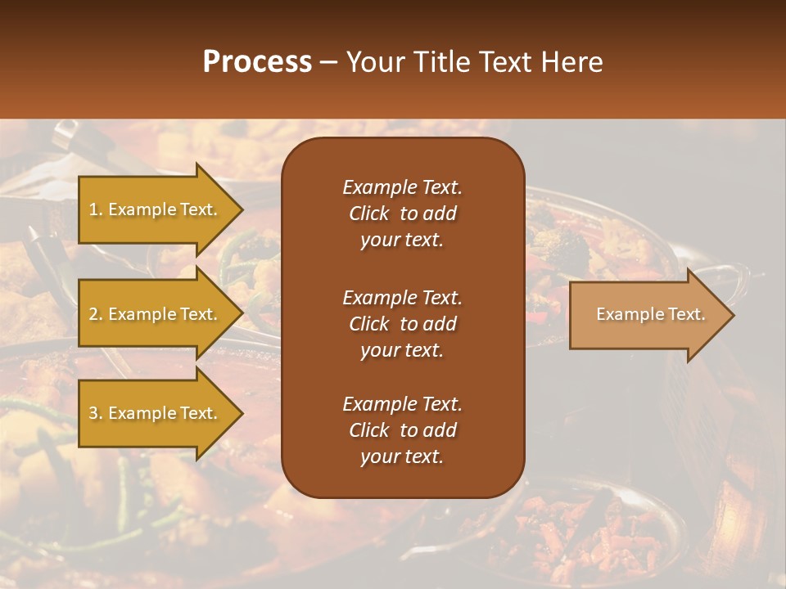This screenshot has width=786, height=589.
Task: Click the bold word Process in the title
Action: (x=257, y=62)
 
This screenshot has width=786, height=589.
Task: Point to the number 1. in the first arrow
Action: (x=96, y=209)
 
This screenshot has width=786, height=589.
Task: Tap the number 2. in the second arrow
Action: (x=96, y=314)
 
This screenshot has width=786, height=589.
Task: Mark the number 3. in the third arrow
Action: (x=96, y=413)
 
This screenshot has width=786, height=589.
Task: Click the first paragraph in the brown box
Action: (x=402, y=214)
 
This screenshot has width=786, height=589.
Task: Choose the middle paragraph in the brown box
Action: (x=402, y=323)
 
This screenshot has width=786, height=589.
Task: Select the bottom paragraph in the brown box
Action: (x=402, y=430)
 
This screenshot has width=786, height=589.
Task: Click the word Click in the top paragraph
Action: (x=368, y=214)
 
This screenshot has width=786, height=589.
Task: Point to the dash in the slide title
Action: (x=329, y=62)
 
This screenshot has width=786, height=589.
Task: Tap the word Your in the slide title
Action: (x=373, y=62)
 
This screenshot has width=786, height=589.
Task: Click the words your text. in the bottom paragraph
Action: (x=402, y=457)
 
